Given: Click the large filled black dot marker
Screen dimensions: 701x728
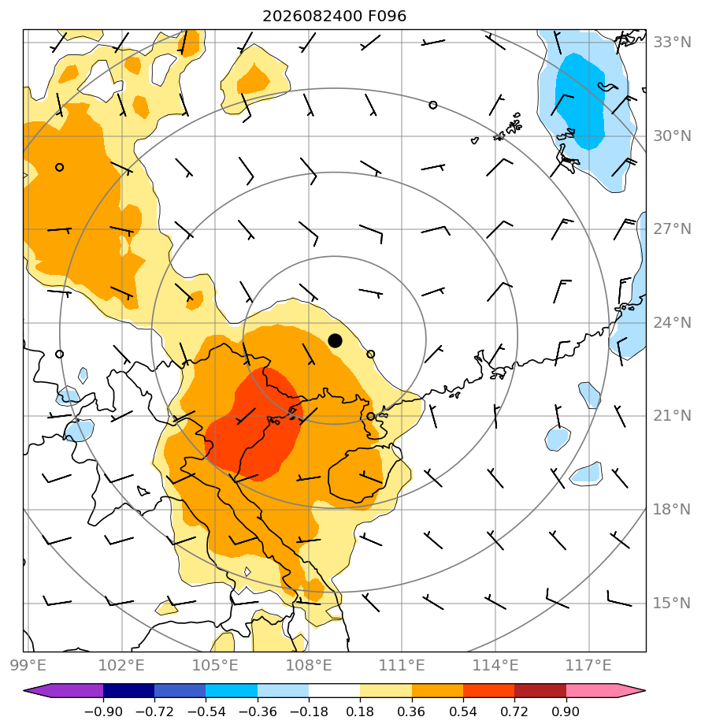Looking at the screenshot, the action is coord(335,341).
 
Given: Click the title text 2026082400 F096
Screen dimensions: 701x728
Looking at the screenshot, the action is coord(334,17).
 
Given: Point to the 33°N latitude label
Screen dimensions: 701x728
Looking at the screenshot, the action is coord(672,43).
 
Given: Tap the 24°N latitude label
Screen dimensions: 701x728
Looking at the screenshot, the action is coord(672,322).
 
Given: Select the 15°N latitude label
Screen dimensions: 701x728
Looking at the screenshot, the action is coord(672,603).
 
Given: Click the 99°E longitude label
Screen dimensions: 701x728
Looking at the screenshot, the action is coord(28,665).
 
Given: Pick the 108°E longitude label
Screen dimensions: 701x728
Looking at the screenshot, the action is coord(309,665).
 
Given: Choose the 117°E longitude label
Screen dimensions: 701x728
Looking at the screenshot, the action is coord(588,665).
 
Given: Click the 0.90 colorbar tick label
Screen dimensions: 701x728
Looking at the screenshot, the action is coord(566,711).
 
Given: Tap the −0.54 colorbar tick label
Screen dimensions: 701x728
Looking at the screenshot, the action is coord(206,711).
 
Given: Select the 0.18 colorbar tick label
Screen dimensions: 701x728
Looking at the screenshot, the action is coord(360,711).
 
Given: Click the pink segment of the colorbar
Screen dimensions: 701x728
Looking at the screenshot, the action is coord(592,690).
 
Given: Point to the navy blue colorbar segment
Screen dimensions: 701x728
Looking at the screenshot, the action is coord(128,690).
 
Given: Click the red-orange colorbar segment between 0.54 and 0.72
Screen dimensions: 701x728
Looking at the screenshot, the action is coord(488,690).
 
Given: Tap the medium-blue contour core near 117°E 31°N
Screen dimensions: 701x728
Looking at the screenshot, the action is coord(580,100).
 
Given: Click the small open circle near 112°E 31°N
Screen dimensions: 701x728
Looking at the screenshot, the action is coord(432,105).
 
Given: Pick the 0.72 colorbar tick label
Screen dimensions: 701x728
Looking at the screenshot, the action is coord(514,711).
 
